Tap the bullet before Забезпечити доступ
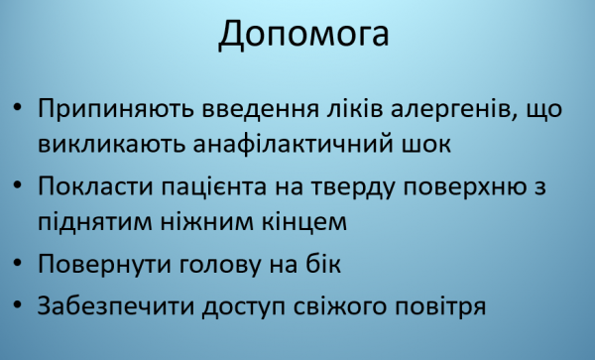click(x=20, y=304)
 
